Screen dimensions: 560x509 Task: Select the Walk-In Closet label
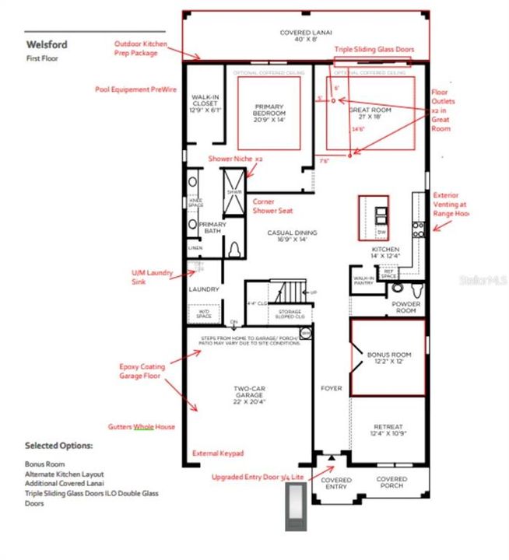[x=205, y=103]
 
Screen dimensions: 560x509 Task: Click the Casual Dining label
[x=290, y=236]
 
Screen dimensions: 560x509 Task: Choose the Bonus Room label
[x=388, y=358]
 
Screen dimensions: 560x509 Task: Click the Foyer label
[x=332, y=388]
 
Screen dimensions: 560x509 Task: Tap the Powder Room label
[x=405, y=308]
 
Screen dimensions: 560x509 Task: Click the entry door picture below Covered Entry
[x=297, y=506]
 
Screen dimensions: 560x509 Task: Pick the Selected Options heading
[x=59, y=446]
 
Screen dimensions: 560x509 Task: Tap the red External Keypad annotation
[x=218, y=453]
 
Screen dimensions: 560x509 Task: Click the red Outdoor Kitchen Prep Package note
[x=136, y=48]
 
